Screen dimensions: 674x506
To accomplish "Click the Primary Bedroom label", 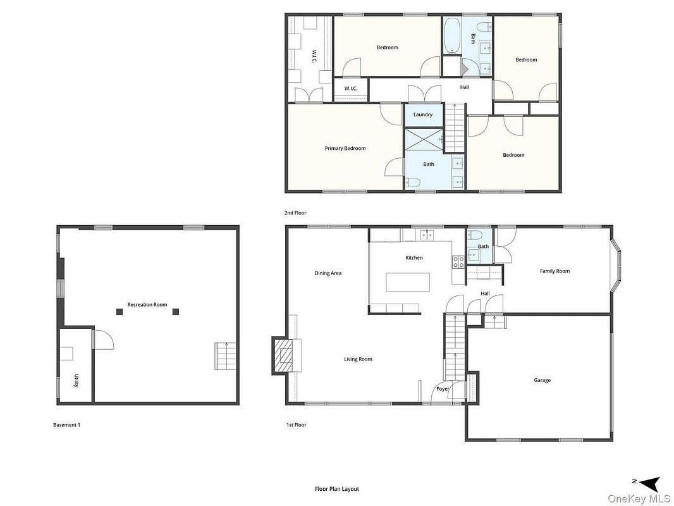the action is pos(345,148).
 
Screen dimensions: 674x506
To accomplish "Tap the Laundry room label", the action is pos(423,114).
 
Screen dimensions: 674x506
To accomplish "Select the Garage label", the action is pos(542,380).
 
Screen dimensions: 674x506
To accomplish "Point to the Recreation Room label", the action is pos(147,305).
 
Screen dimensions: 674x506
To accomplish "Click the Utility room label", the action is pos(76,381).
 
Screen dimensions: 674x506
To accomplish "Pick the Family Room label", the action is pos(555,271).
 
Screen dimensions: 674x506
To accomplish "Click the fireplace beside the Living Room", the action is pos(286,355).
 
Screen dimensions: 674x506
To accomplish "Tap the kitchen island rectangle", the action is pos(408,282).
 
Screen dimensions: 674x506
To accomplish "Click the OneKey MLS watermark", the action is pos(639,498).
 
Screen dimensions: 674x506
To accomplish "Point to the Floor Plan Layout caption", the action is pos(337,489).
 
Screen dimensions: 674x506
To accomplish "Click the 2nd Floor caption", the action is pos(295,213).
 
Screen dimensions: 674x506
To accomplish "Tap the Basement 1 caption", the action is pos(66,425).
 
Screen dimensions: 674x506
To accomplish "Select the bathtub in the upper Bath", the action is pos(451,35).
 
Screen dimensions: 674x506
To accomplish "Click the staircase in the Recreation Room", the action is pos(226,356).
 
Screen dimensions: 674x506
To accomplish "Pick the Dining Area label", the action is pos(328,273).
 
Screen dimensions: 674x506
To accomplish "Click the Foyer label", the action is pos(443,389).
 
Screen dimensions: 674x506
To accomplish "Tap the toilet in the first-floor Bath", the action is pos(475,235).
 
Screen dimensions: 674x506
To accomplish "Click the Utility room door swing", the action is pos(104,340).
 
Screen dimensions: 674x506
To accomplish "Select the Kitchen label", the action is pos(414,257).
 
